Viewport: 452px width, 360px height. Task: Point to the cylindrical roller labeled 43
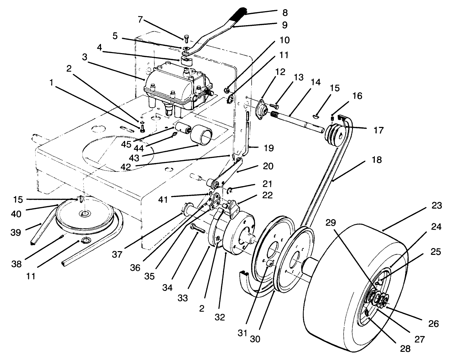click(x=201, y=135)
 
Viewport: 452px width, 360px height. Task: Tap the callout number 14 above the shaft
click(x=315, y=82)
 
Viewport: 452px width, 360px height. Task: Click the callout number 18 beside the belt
click(x=377, y=159)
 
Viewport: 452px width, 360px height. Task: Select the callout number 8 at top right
click(x=285, y=13)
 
